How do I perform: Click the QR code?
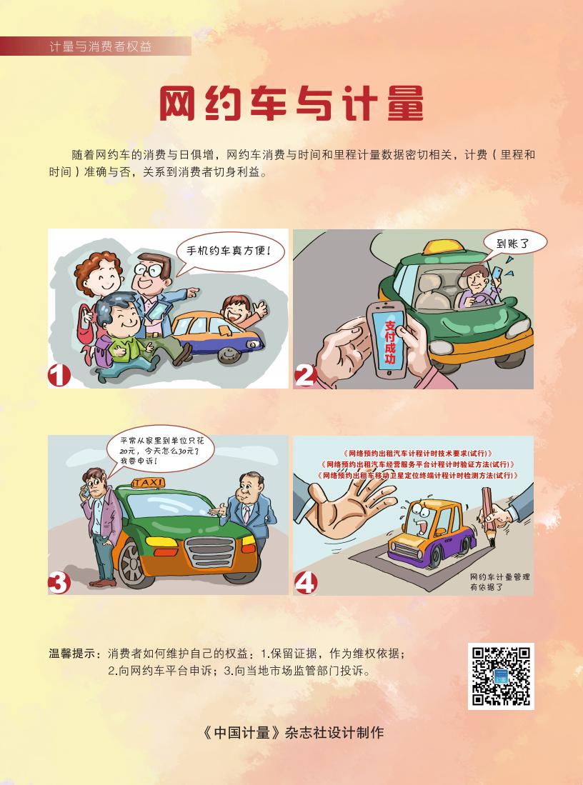pyautogui.click(x=501, y=676)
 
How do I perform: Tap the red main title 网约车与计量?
pyautogui.click(x=291, y=104)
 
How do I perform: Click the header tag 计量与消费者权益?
pyautogui.click(x=100, y=46)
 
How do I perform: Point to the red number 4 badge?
pyautogui.click(x=306, y=582)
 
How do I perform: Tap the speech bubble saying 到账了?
pyautogui.click(x=514, y=244)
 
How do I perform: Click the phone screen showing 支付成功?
pyautogui.click(x=389, y=341)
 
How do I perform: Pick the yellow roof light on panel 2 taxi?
pyautogui.click(x=443, y=247)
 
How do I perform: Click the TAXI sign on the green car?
pyautogui.click(x=149, y=483)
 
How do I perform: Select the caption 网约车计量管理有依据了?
pyautogui.click(x=499, y=581)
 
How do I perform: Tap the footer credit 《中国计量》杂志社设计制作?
pyautogui.click(x=294, y=732)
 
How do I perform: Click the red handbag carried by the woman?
pyautogui.click(x=86, y=326)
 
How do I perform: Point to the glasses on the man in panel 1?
pyautogui.click(x=147, y=271)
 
